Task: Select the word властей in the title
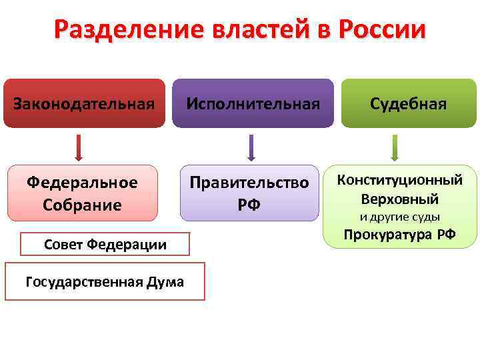260,31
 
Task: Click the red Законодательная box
84,103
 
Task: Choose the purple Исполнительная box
253,103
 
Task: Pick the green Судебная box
409,103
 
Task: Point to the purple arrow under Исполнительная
251,147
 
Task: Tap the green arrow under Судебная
395,147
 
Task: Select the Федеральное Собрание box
82,193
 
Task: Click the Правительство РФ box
249,193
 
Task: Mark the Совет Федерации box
105,244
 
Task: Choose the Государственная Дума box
105,282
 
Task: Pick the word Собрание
82,205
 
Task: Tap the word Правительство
249,183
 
